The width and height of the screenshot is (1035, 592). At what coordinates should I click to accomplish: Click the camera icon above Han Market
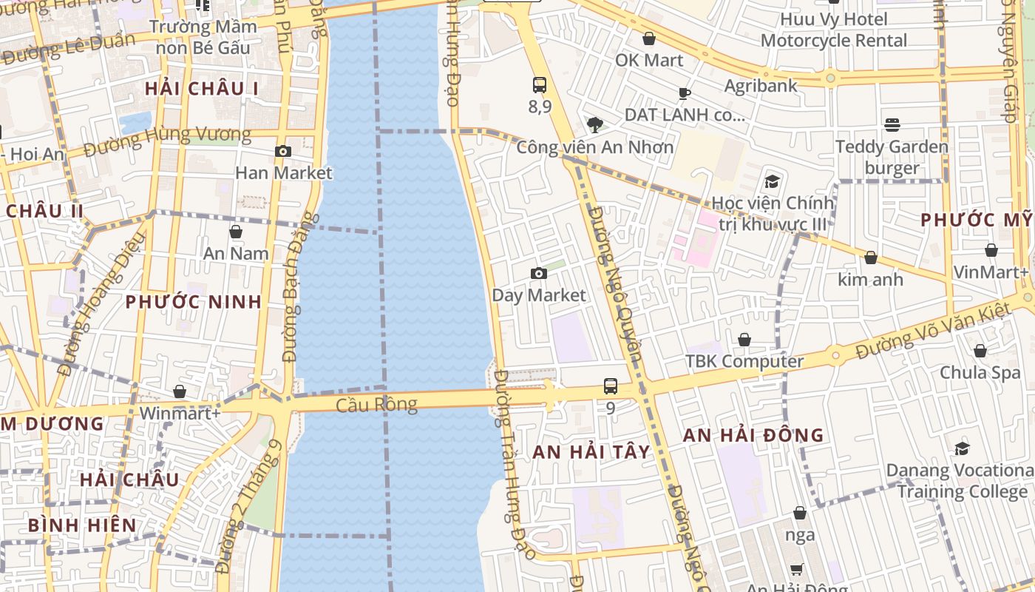[282, 152]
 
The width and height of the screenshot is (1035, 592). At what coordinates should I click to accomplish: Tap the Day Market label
[538, 295]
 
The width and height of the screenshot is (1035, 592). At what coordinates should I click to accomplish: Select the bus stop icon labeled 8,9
[540, 85]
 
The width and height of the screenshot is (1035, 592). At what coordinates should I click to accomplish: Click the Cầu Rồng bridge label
[376, 404]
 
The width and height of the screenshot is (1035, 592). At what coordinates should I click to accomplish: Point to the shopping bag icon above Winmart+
[180, 391]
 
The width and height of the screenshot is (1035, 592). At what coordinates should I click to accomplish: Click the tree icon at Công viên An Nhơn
[594, 124]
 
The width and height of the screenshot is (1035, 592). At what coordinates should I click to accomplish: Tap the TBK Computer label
[744, 361]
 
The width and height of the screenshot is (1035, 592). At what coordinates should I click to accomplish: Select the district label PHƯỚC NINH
[193, 302]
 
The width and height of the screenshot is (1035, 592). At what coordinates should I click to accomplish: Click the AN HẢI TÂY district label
[591, 452]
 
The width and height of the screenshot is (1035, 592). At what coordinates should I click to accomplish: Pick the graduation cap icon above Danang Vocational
[962, 448]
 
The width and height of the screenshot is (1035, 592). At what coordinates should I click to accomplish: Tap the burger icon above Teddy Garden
[892, 125]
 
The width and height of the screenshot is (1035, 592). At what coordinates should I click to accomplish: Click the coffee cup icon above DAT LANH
[684, 93]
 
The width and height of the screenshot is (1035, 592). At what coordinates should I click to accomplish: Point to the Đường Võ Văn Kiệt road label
[933, 331]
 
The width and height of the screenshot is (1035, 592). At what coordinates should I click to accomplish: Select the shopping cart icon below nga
[796, 569]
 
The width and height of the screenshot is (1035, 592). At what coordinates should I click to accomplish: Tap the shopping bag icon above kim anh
[870, 258]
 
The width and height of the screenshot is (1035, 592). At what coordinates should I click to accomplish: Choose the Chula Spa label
[980, 372]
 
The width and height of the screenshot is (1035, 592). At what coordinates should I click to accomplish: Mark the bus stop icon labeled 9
[610, 386]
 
